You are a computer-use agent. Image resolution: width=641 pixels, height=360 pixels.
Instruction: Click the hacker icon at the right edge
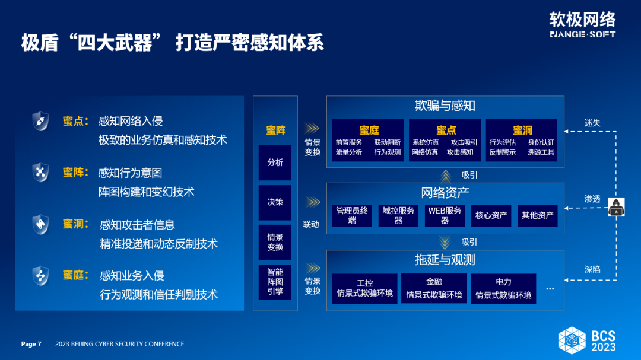pyautogui.click(x=616, y=207)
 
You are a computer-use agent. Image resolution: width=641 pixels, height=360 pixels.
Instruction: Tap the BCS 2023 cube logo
pyautogui.click(x=572, y=340)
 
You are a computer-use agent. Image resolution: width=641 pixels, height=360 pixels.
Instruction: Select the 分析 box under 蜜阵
pyautogui.click(x=275, y=163)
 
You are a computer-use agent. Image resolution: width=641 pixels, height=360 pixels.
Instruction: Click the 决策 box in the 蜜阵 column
pyautogui.click(x=275, y=202)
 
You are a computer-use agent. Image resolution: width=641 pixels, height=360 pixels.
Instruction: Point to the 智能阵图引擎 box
pyautogui.click(x=275, y=282)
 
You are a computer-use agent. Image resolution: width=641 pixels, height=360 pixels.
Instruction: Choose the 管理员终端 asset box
pyautogui.click(x=352, y=215)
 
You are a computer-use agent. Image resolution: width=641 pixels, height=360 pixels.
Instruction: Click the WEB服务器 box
pyautogui.click(x=445, y=215)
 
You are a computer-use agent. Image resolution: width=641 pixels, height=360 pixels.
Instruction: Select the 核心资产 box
pyautogui.click(x=491, y=215)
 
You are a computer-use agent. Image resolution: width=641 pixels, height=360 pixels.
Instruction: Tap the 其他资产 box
pyautogui.click(x=538, y=215)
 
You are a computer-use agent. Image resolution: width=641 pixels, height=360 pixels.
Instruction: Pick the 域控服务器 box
pyautogui.click(x=398, y=215)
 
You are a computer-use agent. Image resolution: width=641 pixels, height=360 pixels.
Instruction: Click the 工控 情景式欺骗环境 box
pyautogui.click(x=364, y=288)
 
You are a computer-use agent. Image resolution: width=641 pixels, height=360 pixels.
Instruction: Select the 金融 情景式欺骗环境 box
pyautogui.click(x=434, y=288)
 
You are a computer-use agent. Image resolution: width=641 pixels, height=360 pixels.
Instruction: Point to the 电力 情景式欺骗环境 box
pyautogui.click(x=503, y=288)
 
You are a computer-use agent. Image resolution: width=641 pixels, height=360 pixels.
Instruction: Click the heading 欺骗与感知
pyautogui.click(x=445, y=106)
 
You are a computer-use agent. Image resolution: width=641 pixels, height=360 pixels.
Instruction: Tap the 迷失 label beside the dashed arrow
pyautogui.click(x=592, y=123)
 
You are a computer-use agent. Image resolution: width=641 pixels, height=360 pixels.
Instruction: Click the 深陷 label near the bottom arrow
pyautogui.click(x=592, y=269)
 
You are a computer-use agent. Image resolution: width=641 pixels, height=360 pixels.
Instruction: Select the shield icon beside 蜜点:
pyautogui.click(x=40, y=121)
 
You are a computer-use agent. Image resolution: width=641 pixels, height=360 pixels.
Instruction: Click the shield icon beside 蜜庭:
pyautogui.click(x=40, y=276)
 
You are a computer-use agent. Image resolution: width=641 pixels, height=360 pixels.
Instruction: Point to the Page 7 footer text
pyautogui.click(x=31, y=344)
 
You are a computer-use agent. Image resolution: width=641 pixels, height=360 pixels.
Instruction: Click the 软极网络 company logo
pyautogui.click(x=583, y=24)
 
